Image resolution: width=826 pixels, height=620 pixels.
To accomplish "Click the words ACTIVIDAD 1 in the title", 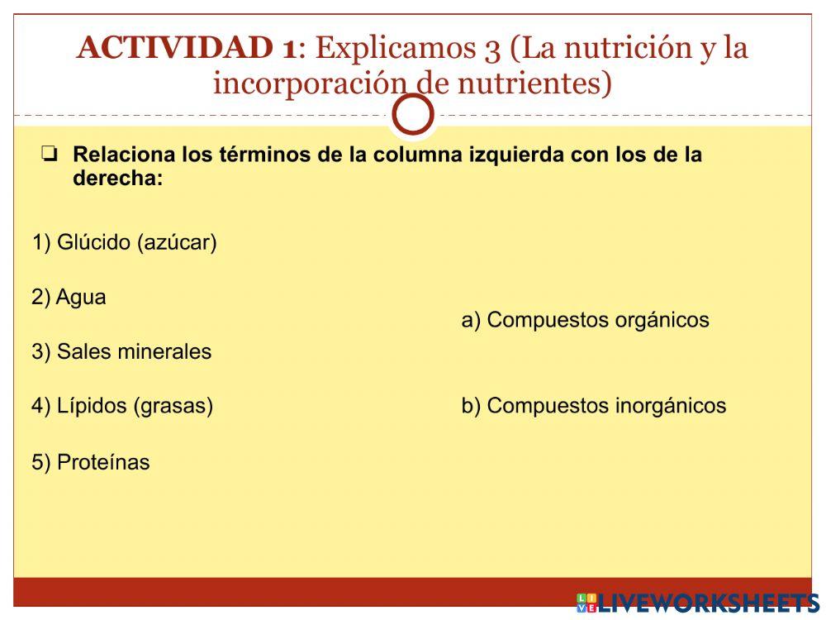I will [186, 48].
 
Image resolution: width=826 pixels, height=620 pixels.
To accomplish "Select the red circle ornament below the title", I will [413, 115].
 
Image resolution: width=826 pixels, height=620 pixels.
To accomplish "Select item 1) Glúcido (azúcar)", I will [125, 242].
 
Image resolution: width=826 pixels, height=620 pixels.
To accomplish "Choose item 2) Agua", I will [69, 297].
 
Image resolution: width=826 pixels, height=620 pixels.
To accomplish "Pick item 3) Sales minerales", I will [121, 351].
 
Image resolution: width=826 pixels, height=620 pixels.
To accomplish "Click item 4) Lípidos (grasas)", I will [122, 406].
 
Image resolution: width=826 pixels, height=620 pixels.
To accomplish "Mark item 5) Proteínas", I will [91, 462].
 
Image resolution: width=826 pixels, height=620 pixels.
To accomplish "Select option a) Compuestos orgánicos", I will [585, 320].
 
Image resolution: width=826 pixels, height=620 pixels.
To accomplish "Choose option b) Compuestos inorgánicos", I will [593, 406].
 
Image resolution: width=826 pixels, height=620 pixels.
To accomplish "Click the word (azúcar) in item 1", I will [177, 242].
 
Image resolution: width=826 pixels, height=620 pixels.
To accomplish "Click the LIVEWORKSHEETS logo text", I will [709, 603].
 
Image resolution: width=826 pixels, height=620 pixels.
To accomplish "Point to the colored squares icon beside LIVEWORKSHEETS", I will [586, 603].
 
